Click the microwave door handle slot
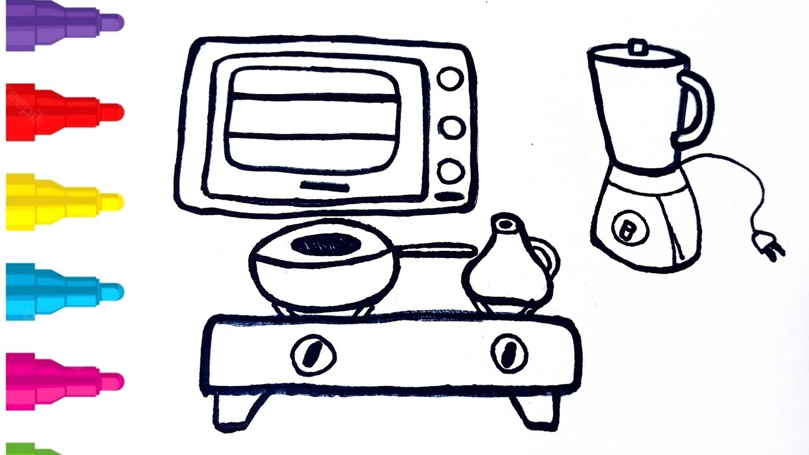pyautogui.click(x=324, y=186)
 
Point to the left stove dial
pyautogui.click(x=313, y=355)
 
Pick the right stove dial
pyautogui.click(x=509, y=353)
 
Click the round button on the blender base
pyautogui.click(x=629, y=228)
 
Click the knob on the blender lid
pyautogui.click(x=637, y=47)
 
